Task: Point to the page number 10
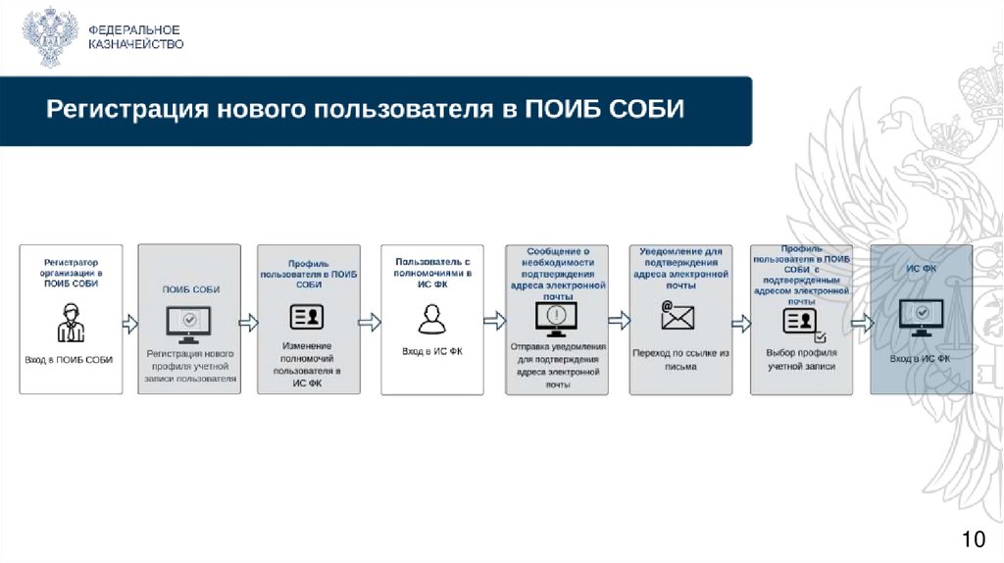[973, 538]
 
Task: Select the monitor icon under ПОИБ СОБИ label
[190, 321]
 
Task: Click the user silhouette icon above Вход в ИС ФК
[431, 319]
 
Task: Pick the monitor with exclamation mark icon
[556, 317]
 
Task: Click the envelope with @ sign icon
[678, 316]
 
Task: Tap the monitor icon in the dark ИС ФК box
[922, 317]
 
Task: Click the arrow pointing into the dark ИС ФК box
[861, 322]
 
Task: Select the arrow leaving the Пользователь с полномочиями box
[494, 321]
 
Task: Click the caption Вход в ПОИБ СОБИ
[69, 360]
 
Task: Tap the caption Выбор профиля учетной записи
[800, 359]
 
